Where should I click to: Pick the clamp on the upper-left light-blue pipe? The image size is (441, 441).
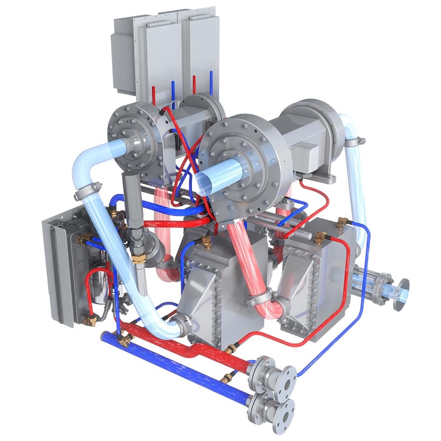coord(89,189)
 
